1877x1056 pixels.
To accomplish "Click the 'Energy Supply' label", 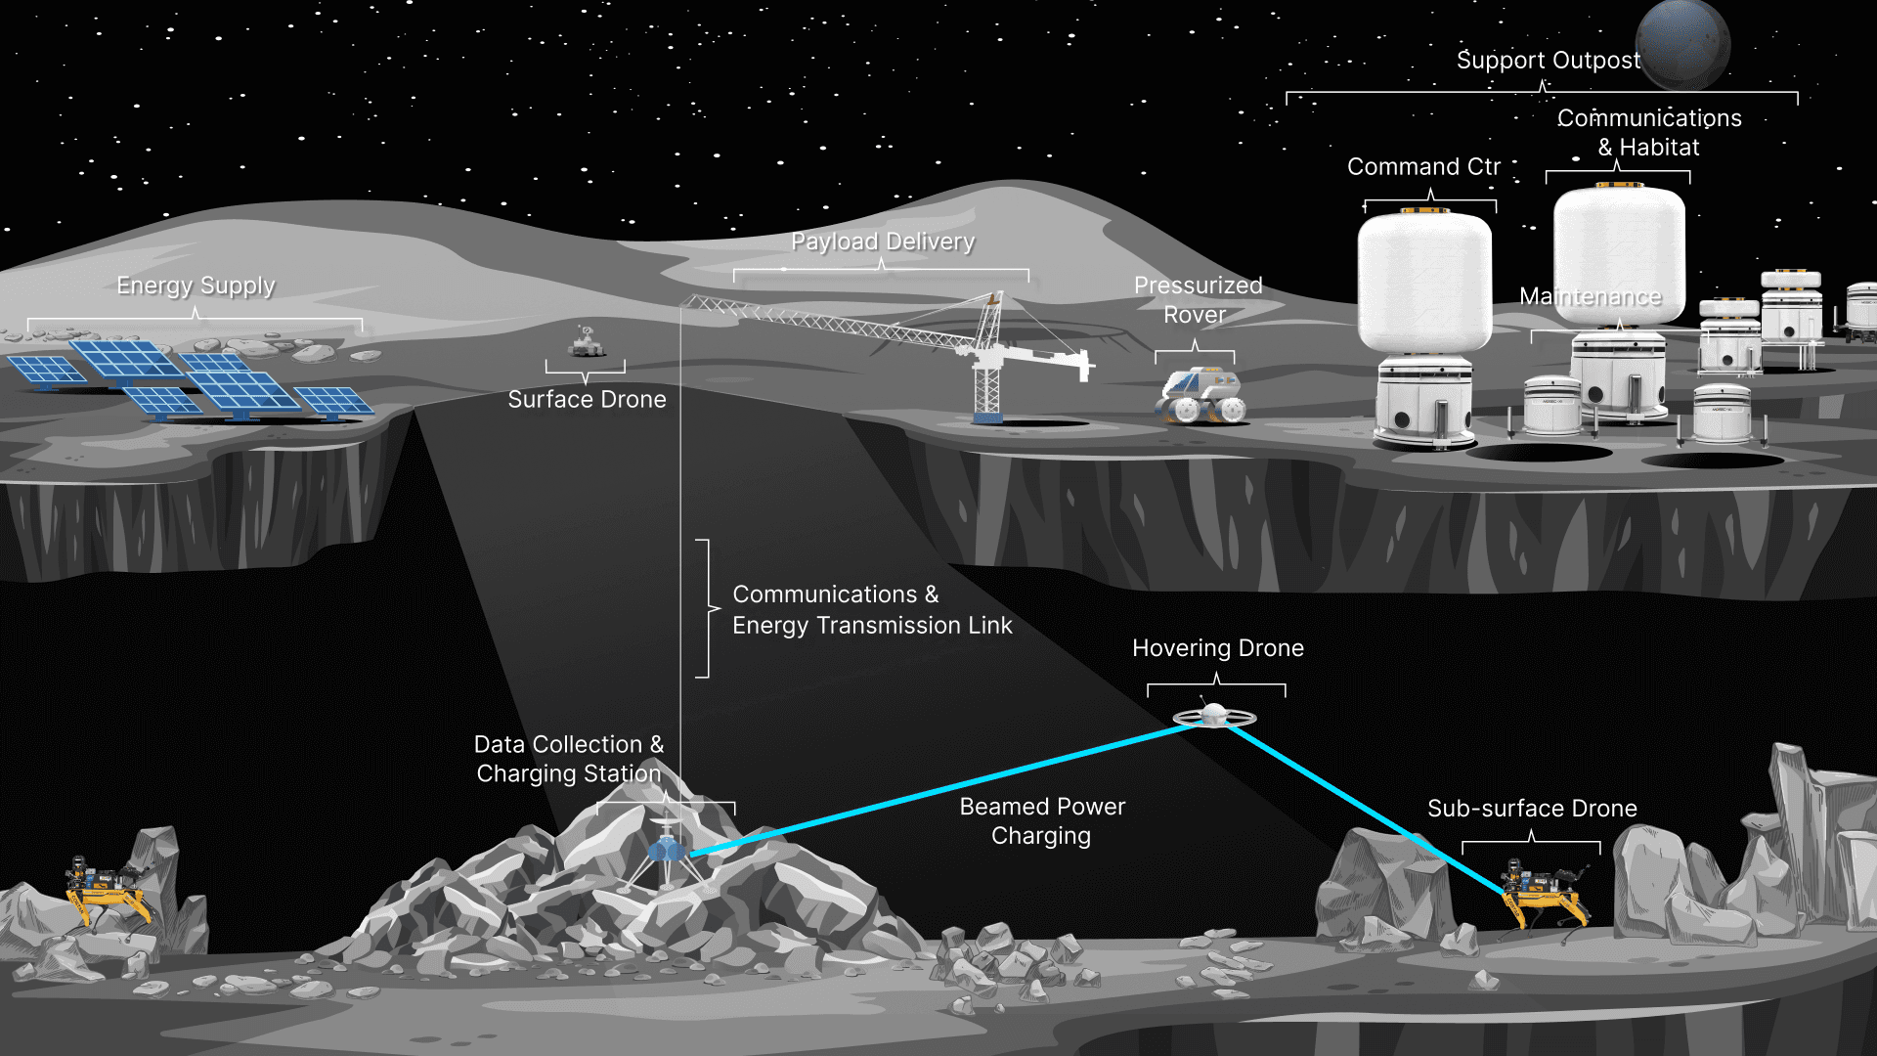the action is [x=196, y=286].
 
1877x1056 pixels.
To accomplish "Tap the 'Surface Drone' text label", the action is [x=587, y=399].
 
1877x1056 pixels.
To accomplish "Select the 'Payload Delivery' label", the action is [x=882, y=242].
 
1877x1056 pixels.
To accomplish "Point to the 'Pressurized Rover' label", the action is [x=1197, y=299].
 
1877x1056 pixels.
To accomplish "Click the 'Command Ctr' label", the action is [x=1423, y=167].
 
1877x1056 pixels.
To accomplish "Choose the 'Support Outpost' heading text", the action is [x=1548, y=61].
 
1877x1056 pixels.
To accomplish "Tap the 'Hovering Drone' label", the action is [x=1217, y=648].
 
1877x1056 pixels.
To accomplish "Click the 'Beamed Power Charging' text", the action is [x=1042, y=820].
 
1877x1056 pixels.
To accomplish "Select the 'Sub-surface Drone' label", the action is [x=1531, y=809].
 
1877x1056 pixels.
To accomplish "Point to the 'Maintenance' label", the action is [x=1590, y=296].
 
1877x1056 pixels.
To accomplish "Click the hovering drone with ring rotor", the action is [x=1214, y=717].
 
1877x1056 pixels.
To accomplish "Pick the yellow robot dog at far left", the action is [x=106, y=890].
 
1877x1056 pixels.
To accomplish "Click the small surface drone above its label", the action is [x=587, y=343].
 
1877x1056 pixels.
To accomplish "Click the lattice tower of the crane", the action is [x=987, y=376].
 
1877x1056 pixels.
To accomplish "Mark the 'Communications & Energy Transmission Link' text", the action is [x=871, y=610].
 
